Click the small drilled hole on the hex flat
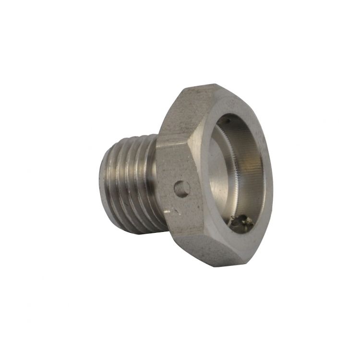pyautogui.click(x=181, y=189)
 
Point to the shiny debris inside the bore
pyautogui.click(x=241, y=221)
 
